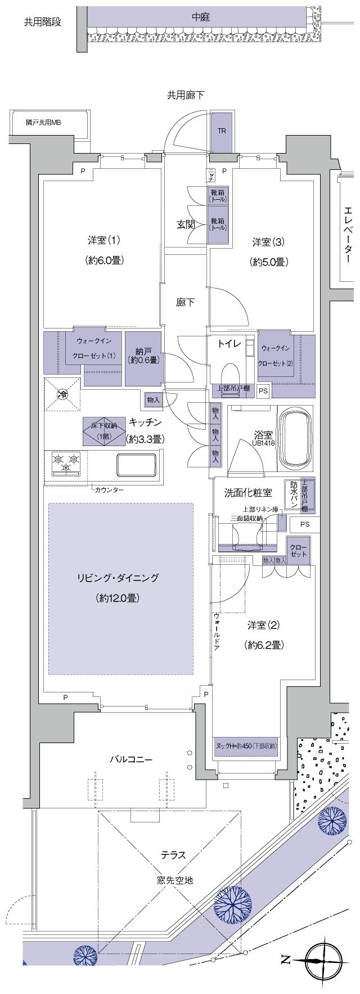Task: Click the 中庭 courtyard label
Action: (200, 17)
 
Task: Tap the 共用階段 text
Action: (43, 22)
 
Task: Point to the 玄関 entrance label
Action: (186, 224)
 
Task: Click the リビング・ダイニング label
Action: (118, 578)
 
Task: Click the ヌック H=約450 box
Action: (246, 746)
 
